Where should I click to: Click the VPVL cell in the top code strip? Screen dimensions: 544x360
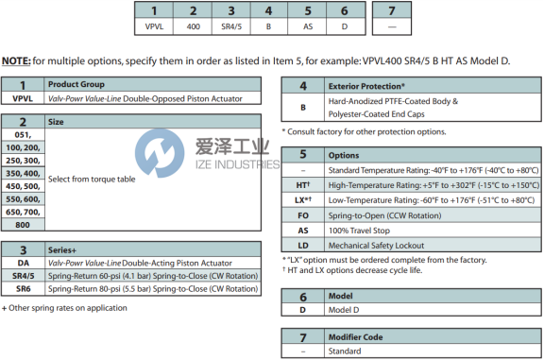[x=154, y=26]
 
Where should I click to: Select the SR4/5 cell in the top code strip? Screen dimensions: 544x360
[x=231, y=26]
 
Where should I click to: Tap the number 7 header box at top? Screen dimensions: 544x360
[x=392, y=10]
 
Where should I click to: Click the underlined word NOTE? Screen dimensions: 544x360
[x=16, y=61]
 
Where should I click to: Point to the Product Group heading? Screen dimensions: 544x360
[x=76, y=84]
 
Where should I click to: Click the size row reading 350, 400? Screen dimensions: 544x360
[x=23, y=173]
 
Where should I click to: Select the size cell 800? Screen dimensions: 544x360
[x=23, y=225]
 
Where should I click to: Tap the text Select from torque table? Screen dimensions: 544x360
[x=92, y=180]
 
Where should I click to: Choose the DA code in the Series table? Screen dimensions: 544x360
[x=24, y=263]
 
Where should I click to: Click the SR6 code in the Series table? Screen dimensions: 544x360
[x=24, y=289]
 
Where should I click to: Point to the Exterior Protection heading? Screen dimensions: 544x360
[x=366, y=86]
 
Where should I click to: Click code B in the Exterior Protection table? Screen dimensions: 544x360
[x=303, y=108]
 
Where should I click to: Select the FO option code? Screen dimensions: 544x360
[x=303, y=215]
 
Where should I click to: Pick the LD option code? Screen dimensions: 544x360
[x=303, y=246]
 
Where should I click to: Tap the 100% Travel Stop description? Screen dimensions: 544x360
[x=359, y=231]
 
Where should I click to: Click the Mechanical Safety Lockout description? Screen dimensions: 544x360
[x=376, y=246]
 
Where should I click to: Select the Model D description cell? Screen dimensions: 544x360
[x=344, y=310]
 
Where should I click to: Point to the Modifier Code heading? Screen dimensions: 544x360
[x=356, y=337]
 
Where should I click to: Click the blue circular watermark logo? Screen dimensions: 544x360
[x=160, y=153]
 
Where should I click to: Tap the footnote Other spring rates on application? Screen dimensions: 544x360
[x=64, y=308]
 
